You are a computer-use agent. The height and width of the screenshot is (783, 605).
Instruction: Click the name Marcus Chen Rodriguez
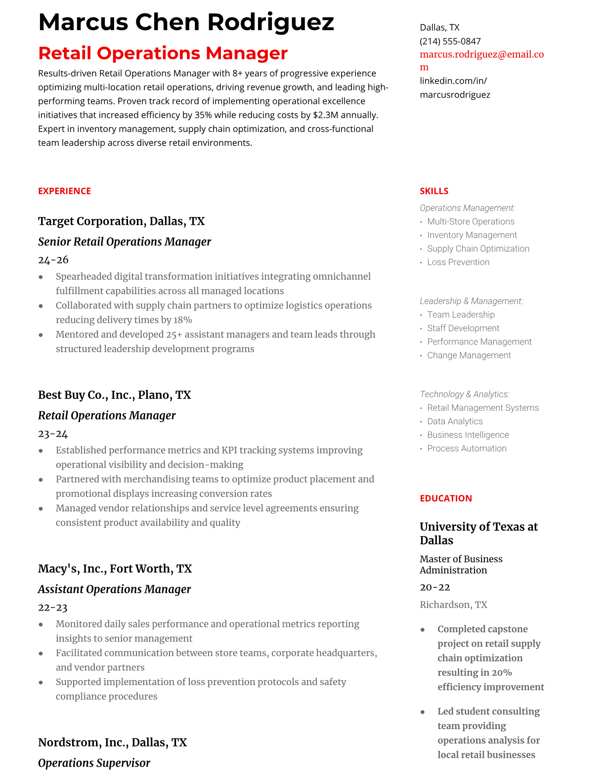186,22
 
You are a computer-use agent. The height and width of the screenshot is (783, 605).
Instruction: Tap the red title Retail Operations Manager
163,53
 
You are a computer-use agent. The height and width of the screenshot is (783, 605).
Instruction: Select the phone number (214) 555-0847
450,42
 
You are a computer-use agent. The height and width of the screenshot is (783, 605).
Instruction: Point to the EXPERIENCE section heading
64,191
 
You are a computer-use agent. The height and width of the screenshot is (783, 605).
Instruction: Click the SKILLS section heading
434,191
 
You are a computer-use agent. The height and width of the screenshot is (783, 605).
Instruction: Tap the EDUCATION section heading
445,498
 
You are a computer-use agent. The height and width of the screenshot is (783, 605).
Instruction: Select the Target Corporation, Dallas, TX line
121,221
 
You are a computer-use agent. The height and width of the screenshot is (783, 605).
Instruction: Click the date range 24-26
53,260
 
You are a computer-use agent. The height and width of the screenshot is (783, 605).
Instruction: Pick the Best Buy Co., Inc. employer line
114,395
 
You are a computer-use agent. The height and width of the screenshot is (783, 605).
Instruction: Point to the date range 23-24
53,434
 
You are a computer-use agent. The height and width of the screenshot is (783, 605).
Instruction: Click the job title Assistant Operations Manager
114,589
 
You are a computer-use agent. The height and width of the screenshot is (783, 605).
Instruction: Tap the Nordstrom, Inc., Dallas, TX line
112,742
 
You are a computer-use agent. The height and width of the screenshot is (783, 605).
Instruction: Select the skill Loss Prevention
458,262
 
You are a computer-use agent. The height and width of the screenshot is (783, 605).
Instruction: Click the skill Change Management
469,355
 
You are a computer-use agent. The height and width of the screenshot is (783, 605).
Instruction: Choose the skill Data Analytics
455,422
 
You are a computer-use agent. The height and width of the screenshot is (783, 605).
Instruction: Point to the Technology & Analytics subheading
464,394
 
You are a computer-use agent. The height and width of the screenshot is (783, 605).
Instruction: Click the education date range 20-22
435,588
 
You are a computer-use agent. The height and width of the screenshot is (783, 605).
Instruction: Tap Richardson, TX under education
453,605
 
